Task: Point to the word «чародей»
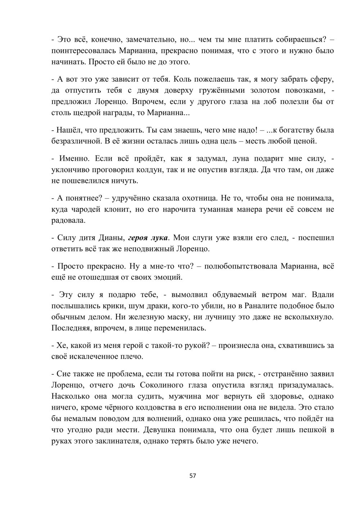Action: click(84, 209)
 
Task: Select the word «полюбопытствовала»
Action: click(239, 266)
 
